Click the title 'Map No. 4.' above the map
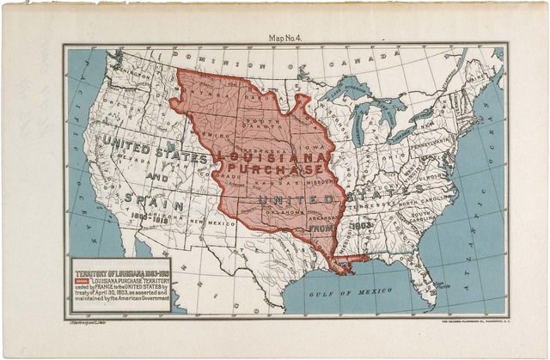click(x=288, y=38)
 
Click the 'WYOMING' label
click(x=215, y=136)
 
